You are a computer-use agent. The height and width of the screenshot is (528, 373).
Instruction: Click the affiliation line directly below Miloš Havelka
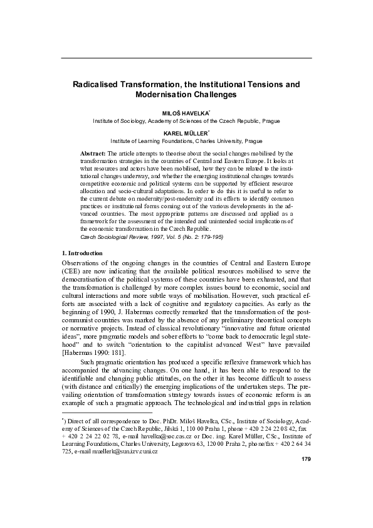186,119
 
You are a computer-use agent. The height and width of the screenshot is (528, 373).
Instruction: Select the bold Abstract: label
94,153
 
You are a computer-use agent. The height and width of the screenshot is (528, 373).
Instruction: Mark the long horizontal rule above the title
186,58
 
